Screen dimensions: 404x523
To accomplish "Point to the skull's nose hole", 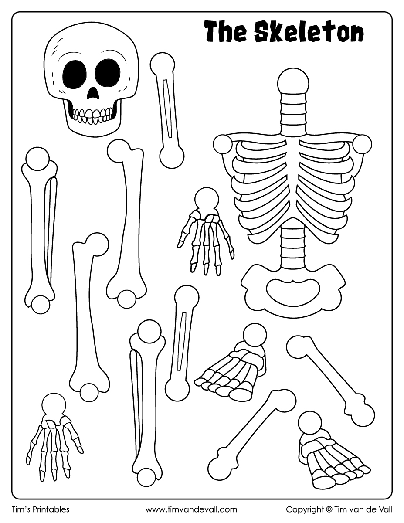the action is pos(93,93).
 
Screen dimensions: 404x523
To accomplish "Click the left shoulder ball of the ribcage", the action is pos(223,144).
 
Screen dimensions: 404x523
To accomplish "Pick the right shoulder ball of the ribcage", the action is pos(362,144).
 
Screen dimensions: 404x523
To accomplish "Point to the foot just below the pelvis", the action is pos(232,363).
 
